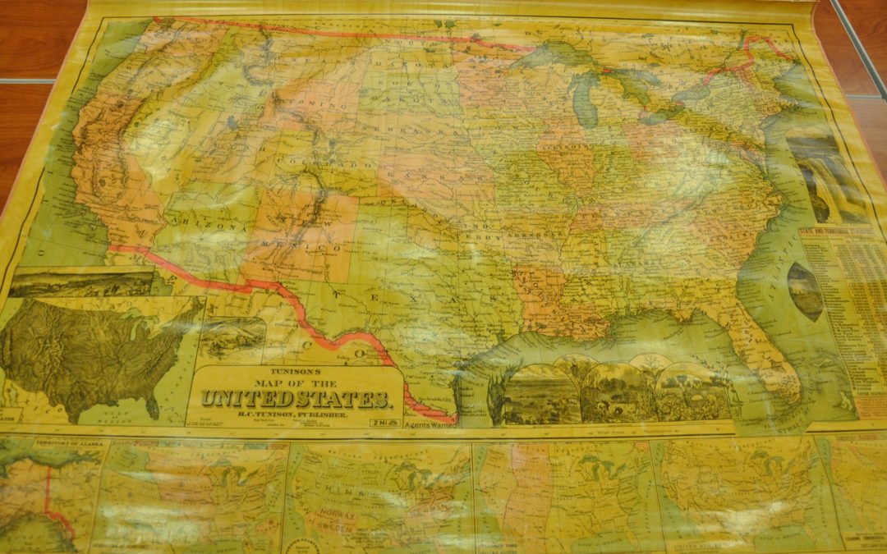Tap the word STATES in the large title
tap(339, 401)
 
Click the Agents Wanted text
tap(431, 425)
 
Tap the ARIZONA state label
tap(202, 223)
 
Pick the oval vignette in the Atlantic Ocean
tap(804, 291)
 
